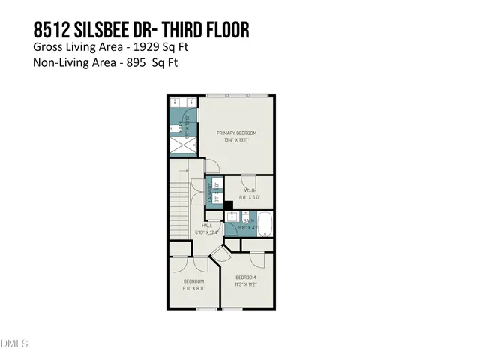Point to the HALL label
207,224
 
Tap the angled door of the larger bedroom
218,256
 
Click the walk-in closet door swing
248,181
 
